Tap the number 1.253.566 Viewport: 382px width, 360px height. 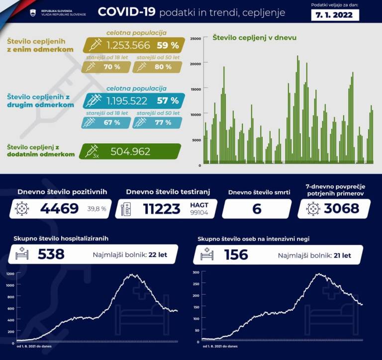(128, 45)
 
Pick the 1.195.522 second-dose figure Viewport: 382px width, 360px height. (127, 101)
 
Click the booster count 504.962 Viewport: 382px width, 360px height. (130, 151)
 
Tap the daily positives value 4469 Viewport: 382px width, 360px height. (59, 208)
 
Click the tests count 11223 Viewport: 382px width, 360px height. (162, 208)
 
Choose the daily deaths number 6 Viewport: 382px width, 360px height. (257, 208)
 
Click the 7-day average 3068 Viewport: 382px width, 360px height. (341, 208)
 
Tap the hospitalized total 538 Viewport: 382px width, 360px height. (51, 254)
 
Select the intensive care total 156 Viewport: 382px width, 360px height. (236, 254)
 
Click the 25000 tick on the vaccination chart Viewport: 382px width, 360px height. (195, 38)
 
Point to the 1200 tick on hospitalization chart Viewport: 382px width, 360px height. (10, 274)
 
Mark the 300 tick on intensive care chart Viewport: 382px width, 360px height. (195, 272)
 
